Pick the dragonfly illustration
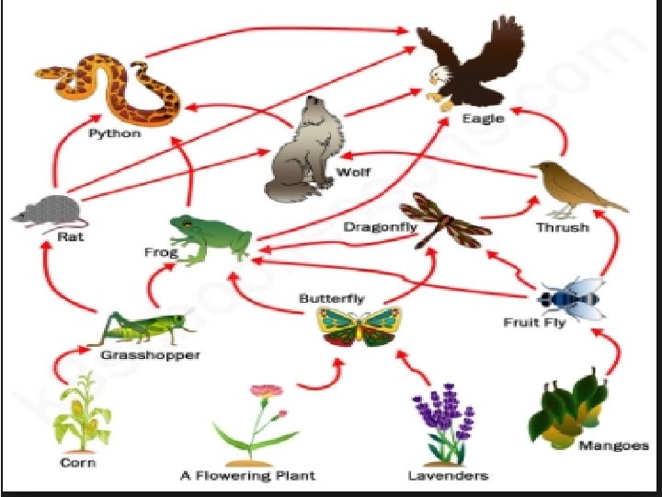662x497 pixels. pyautogui.click(x=451, y=221)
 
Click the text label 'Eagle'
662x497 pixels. pyautogui.click(x=483, y=119)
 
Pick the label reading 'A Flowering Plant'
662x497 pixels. pyautogui.click(x=247, y=476)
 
